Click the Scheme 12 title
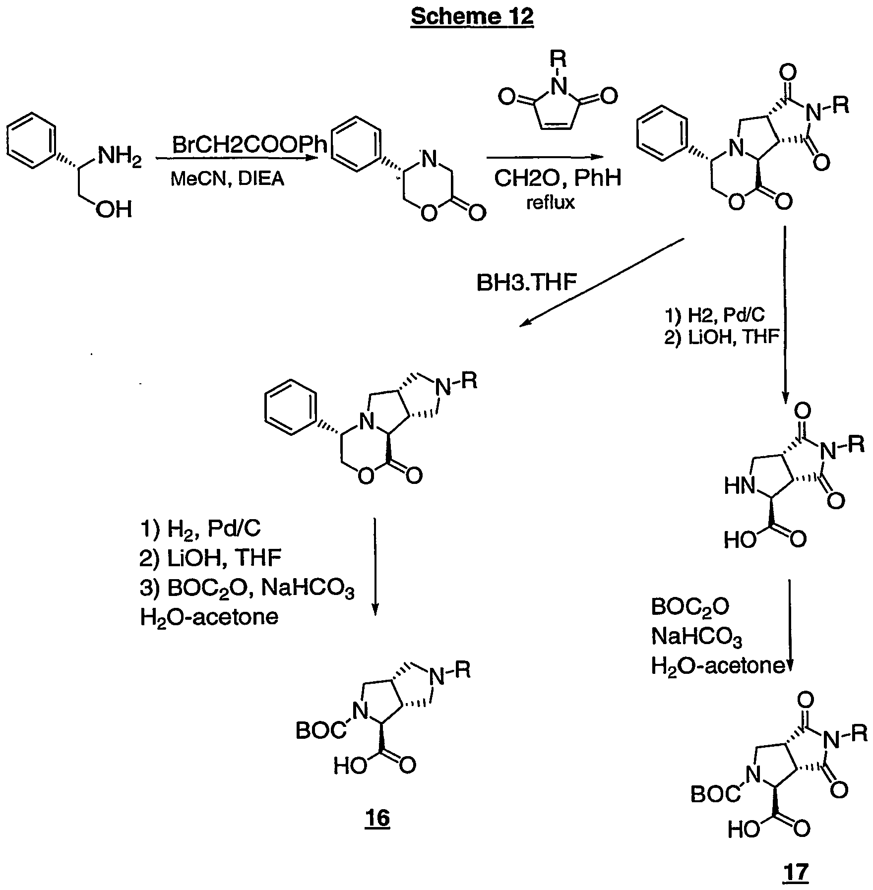point(472,17)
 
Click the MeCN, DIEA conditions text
point(228,178)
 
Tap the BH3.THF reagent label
point(527,283)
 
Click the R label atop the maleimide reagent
point(559,61)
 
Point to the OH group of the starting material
point(114,210)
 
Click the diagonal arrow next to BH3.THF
point(602,282)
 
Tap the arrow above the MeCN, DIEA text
point(237,158)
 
